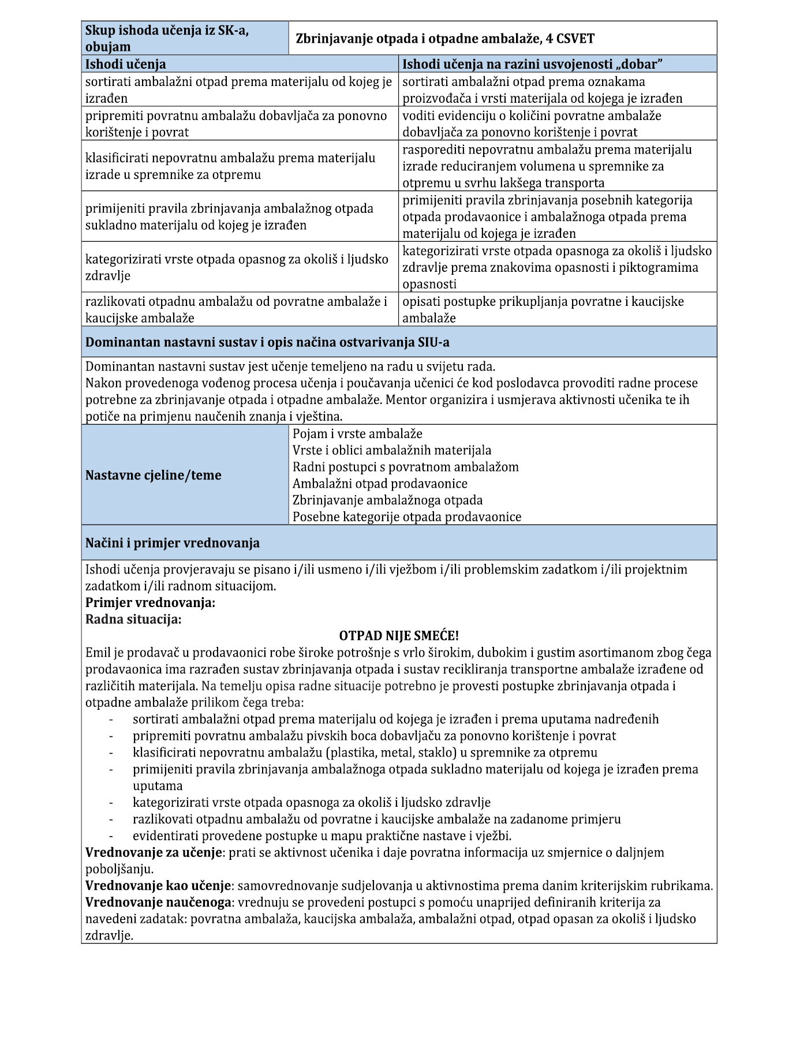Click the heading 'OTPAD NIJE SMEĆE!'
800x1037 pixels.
click(x=399, y=636)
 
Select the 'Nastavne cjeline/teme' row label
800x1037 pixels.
click(x=153, y=475)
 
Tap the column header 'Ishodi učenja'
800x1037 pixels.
click(x=126, y=64)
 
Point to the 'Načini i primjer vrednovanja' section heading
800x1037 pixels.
click(x=173, y=543)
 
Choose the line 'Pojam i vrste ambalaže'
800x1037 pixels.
click(x=357, y=433)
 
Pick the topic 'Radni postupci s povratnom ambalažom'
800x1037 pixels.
click(x=405, y=467)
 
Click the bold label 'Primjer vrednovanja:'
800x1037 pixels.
click(x=150, y=602)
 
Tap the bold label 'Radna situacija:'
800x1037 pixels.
click(x=133, y=619)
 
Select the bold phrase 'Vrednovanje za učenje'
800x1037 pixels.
click(x=154, y=852)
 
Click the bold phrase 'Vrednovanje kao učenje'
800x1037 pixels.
click(x=159, y=886)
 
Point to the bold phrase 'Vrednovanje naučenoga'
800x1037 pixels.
click(x=158, y=902)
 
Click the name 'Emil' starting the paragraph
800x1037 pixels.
click(x=98, y=653)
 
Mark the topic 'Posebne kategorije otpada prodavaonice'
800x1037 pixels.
click(x=406, y=516)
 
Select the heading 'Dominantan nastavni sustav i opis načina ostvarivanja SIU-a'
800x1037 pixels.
click(x=267, y=342)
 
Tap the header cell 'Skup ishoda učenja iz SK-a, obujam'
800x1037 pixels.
click(x=167, y=39)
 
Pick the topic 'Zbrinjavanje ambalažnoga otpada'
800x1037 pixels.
click(x=387, y=500)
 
